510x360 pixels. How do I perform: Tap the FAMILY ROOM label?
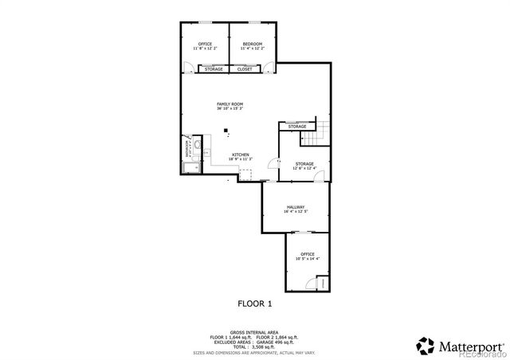229,104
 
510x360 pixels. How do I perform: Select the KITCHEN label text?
241,155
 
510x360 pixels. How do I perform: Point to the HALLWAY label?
296,207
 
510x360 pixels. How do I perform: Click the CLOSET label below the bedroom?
245,69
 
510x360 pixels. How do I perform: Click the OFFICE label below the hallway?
307,254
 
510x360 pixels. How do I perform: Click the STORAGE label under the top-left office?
214,69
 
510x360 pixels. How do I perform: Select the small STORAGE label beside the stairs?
297,127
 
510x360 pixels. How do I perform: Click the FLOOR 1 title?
255,303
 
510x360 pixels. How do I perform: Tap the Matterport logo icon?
426,345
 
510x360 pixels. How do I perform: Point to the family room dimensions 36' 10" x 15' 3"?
229,109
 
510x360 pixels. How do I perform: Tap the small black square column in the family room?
226,131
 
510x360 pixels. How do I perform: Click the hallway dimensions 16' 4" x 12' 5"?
296,212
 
